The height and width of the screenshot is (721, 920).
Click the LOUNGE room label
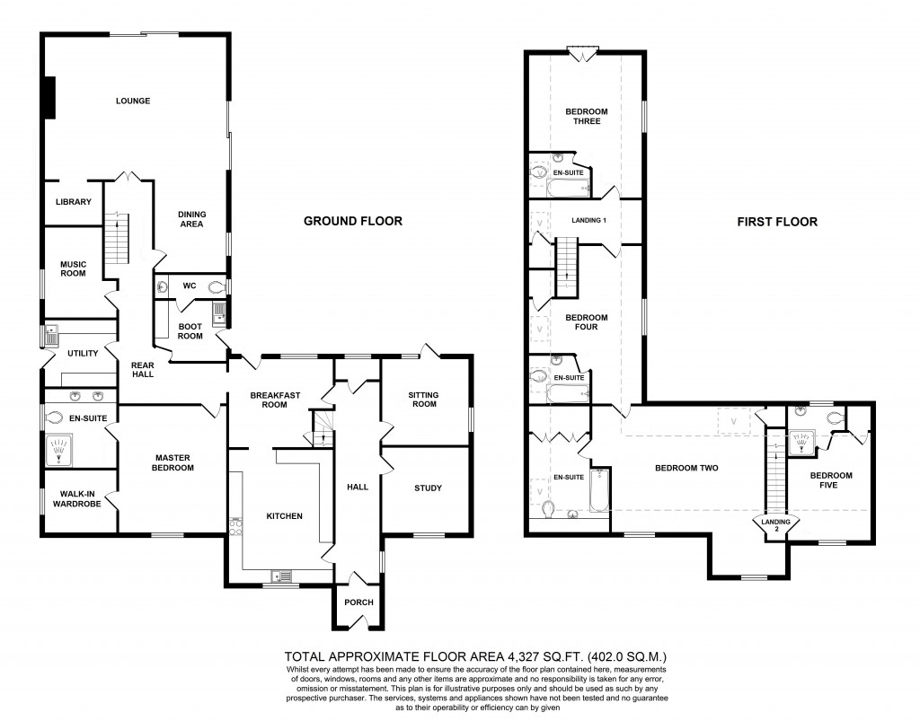132,101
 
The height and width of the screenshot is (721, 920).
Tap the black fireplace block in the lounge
50,97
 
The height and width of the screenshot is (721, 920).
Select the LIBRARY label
73,202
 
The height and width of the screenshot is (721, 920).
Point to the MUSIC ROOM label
73,268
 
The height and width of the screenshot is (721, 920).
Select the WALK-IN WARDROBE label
79,499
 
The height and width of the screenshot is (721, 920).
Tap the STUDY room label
428,488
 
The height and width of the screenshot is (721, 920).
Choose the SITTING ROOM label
424,399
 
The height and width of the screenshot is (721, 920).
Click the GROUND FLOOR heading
352,221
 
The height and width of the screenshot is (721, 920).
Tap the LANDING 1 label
589,220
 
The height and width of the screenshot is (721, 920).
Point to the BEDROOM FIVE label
830,481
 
